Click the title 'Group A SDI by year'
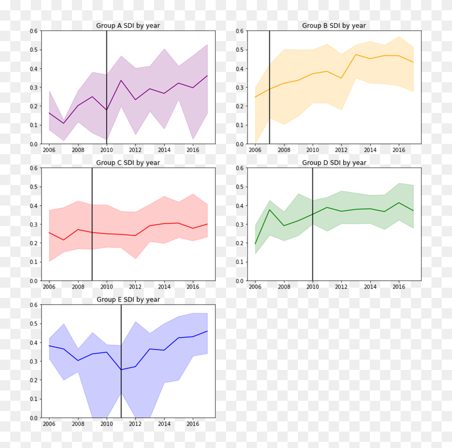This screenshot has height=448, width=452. (128, 26)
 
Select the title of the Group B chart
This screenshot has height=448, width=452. (334, 26)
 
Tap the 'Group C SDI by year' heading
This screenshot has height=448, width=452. (128, 163)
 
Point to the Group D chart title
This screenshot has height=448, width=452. (334, 163)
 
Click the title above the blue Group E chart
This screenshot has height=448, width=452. (128, 300)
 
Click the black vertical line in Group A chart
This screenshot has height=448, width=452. (107, 62)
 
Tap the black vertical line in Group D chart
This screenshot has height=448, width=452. (312, 247)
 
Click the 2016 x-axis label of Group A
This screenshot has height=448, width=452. (193, 150)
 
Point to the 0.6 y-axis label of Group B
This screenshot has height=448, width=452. (239, 31)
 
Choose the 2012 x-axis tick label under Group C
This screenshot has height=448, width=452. (136, 287)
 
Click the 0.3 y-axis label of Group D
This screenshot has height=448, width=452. (239, 225)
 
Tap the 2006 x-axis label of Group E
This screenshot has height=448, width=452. (49, 424)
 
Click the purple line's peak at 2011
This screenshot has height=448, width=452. (121, 80)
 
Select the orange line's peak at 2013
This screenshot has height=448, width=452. (355, 54)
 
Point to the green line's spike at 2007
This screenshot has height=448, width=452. (270, 209)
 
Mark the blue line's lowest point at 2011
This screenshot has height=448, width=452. (121, 370)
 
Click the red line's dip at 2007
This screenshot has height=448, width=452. (64, 240)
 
